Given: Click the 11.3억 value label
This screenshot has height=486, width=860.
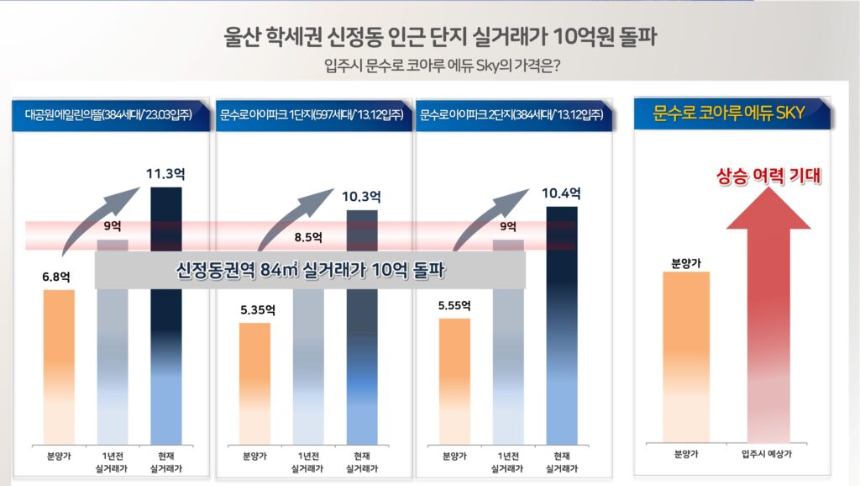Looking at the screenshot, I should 165,175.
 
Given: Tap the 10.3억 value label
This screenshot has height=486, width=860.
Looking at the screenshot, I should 362,197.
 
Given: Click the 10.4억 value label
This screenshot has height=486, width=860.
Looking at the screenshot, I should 561,193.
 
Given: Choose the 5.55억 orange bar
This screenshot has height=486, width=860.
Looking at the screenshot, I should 454,378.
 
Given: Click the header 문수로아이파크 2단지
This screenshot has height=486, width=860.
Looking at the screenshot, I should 513,114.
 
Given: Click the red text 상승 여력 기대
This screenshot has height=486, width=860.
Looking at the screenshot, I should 768,176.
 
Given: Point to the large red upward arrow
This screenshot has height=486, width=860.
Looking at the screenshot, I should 768,320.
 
